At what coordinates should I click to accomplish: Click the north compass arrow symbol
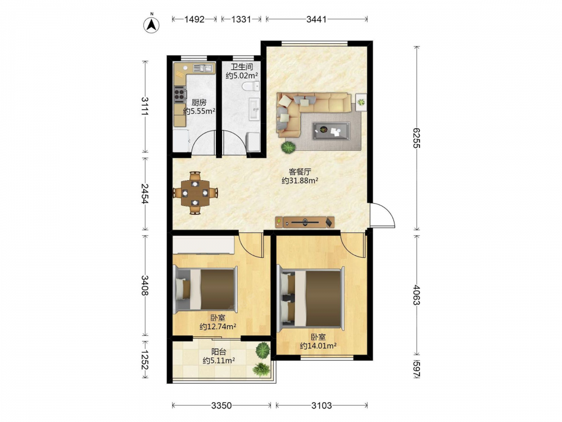click(152, 25)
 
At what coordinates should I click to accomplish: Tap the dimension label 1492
click(194, 19)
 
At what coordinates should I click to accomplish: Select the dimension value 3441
click(316, 19)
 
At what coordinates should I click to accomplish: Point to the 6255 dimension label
click(416, 138)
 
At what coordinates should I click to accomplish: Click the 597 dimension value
click(416, 369)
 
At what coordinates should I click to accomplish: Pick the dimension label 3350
click(221, 406)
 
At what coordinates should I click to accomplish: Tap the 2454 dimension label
click(145, 194)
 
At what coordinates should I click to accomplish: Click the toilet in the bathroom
click(251, 86)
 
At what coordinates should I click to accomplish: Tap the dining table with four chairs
click(195, 193)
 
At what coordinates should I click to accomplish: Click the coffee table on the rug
click(331, 131)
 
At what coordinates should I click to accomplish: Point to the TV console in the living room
click(305, 222)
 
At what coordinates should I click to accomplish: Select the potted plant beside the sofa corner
click(288, 147)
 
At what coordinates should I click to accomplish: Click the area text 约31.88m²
click(300, 181)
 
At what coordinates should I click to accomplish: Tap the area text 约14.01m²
click(318, 346)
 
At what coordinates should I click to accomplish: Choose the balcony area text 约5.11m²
click(219, 360)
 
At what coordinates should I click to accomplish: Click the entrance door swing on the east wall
click(382, 215)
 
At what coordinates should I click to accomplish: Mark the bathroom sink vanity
click(255, 110)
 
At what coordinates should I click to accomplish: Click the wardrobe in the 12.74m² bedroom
click(203, 245)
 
